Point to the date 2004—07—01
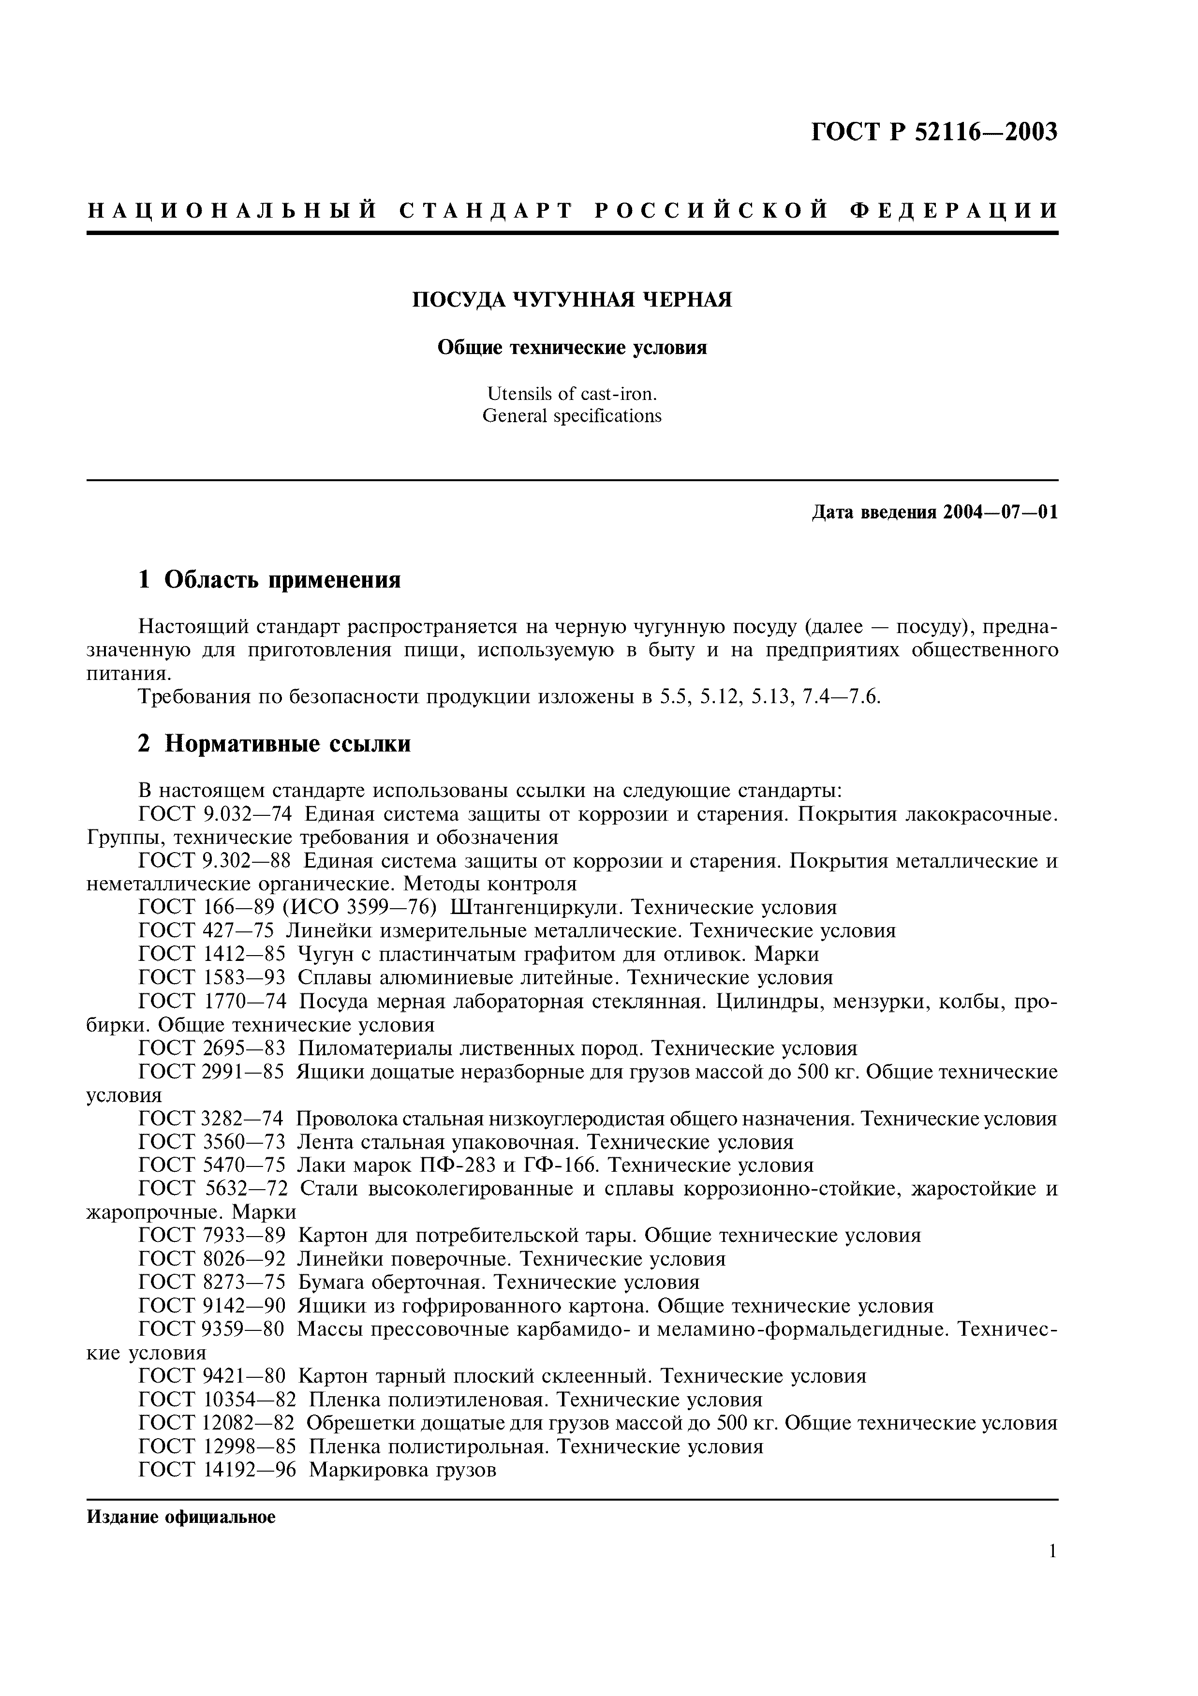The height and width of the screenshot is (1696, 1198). tap(1000, 512)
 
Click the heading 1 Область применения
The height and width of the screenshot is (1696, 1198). tap(269, 580)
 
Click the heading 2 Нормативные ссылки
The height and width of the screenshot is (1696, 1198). tap(274, 744)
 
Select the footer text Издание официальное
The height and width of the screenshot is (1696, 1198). tap(181, 1517)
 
